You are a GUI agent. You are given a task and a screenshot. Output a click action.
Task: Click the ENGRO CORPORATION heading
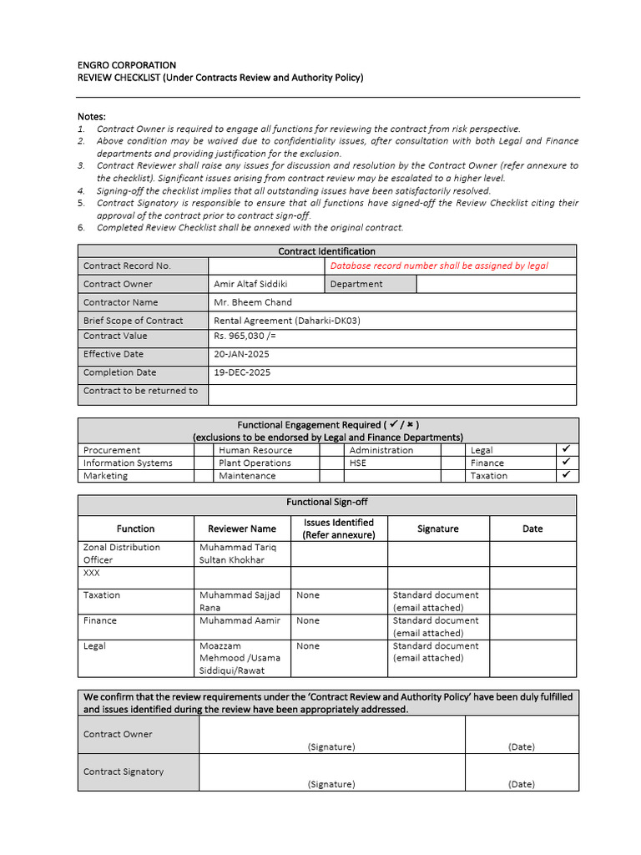[x=127, y=65]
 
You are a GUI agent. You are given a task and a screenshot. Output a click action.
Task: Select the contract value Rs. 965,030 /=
[x=245, y=336]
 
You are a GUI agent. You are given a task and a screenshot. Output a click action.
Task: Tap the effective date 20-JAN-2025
[x=242, y=355]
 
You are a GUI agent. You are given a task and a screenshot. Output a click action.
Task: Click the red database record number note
[x=439, y=266]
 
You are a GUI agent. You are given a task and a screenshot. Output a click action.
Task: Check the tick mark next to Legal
[x=566, y=450]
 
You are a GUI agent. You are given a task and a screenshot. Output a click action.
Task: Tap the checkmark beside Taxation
[x=566, y=475]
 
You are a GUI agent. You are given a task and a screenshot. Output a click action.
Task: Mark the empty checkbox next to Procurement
[x=204, y=450]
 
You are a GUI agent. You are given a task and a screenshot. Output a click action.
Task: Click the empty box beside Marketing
[x=204, y=476]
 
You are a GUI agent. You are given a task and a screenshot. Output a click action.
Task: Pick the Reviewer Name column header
[x=241, y=529]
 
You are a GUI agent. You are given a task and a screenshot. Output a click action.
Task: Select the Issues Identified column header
[x=338, y=529]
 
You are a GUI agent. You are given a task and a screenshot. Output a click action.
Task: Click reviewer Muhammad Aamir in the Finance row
[x=240, y=621]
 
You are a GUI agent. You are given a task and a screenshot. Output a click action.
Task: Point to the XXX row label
[x=92, y=574]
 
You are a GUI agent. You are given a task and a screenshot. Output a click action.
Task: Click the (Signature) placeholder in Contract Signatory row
[x=331, y=784]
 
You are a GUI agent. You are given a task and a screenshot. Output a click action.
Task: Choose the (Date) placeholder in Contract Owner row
[x=522, y=746]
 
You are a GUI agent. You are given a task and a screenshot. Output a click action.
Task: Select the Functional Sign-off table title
[x=327, y=503]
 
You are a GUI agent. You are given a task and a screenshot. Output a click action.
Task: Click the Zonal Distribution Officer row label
[x=122, y=554]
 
